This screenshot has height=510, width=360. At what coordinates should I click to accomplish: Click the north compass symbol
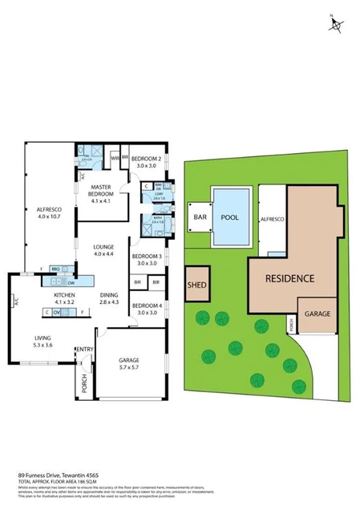pos(334,23)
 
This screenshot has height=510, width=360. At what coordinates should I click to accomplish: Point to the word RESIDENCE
pos(285,278)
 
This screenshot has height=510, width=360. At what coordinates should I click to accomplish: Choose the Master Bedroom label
pos(99,191)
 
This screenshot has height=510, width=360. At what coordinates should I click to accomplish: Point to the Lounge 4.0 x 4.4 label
pos(105,250)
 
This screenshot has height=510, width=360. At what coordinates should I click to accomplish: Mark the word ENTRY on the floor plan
pos(83,349)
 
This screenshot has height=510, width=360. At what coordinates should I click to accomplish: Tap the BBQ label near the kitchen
pos(55,269)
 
